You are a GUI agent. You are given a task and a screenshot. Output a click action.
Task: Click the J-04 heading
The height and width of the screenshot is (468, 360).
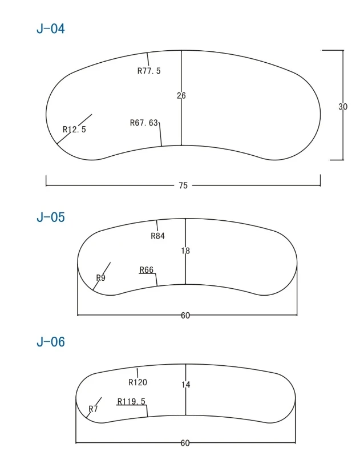click(50, 29)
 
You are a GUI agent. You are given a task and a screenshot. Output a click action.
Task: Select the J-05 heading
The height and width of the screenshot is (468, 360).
click(50, 217)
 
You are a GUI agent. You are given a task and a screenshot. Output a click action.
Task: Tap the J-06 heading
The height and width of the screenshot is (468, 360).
click(50, 342)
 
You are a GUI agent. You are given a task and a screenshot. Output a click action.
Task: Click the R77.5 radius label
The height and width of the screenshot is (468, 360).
click(149, 71)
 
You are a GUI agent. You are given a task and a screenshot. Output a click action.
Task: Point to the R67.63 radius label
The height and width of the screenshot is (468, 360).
click(144, 123)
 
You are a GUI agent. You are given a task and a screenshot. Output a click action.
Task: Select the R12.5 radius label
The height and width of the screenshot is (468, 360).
click(74, 130)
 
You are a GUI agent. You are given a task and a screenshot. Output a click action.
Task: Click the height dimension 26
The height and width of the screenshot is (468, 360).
click(181, 96)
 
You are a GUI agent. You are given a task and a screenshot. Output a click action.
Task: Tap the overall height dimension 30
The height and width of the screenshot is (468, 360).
click(343, 107)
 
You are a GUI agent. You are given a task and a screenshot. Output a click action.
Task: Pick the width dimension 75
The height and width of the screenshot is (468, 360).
click(183, 185)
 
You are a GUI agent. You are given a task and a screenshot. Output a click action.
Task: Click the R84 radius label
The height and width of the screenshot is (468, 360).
click(157, 236)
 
